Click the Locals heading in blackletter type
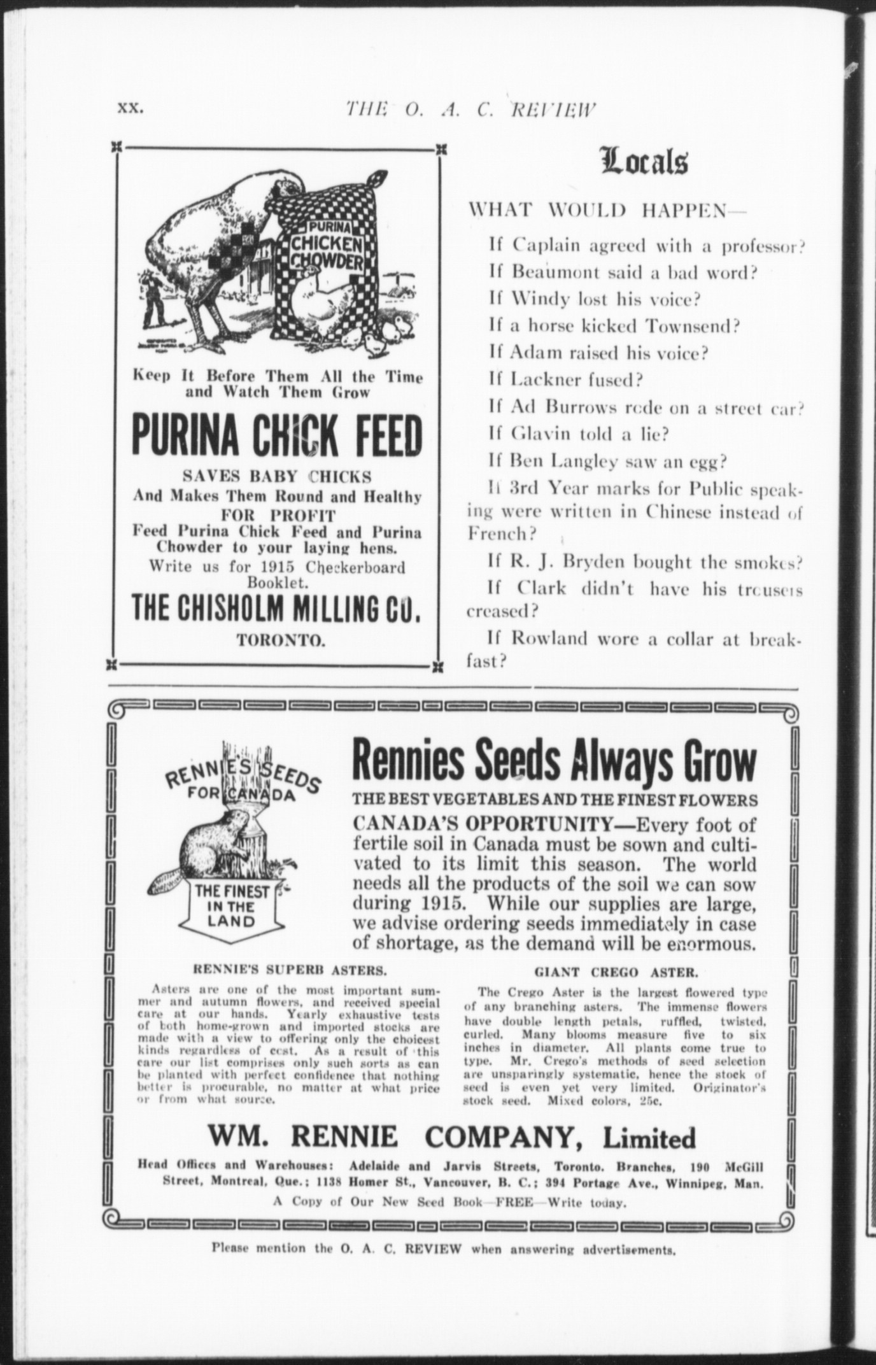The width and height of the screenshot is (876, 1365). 644,162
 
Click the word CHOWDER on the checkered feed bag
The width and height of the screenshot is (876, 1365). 327,262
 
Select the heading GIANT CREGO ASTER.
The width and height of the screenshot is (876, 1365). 616,973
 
